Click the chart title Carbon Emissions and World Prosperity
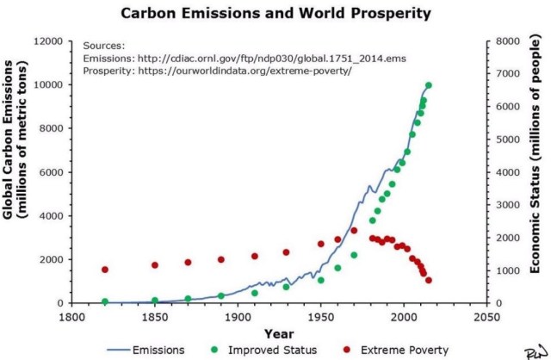coord(275,15)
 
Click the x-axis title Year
coord(278,333)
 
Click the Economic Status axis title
coord(535,172)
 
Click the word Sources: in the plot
coord(103,45)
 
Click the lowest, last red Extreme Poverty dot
coord(428,281)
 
